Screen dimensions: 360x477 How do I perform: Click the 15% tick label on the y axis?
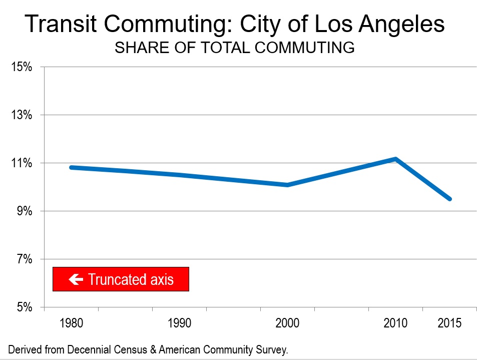22,67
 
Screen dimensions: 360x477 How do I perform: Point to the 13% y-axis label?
22,115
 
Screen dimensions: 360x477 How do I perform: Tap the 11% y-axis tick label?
22,163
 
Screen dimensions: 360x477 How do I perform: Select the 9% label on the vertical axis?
24,211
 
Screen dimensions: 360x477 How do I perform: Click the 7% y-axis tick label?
24,259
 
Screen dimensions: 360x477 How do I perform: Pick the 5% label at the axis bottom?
24,307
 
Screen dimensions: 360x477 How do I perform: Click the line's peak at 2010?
395,159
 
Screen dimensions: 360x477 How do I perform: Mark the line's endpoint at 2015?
449,199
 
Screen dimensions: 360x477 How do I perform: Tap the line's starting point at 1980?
72,167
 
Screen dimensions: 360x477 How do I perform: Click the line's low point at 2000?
287,185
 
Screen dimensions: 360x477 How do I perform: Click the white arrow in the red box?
76,279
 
